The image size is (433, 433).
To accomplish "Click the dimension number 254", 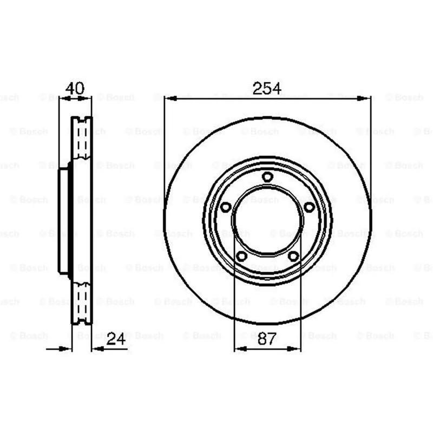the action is (267, 88).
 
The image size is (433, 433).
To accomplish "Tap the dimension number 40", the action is (75, 88).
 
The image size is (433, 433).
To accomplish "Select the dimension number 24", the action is (116, 339).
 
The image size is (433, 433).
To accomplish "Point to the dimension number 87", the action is (267, 339).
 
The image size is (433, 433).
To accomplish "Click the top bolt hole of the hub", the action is (267, 177).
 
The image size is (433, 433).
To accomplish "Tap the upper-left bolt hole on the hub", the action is (226, 207).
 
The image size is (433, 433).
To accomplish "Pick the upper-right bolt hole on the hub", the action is (309, 207).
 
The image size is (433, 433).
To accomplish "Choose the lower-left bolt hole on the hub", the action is (242, 256).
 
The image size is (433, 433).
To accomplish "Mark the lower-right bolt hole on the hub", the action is (293, 256).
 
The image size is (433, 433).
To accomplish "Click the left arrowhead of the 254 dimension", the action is (170, 99).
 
